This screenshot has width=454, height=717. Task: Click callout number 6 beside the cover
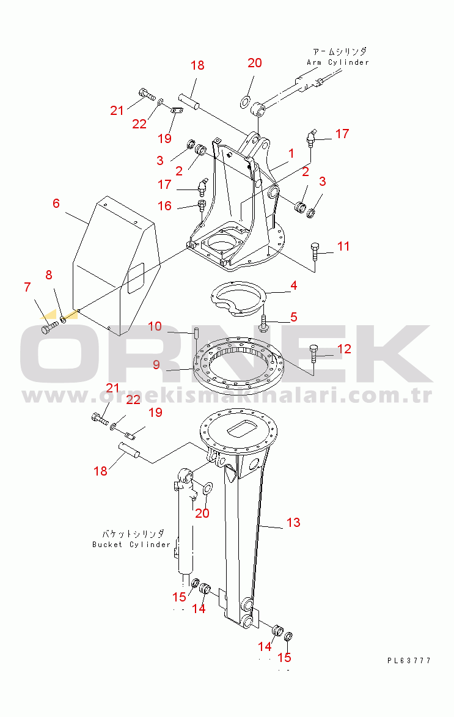pyautogui.click(x=56, y=203)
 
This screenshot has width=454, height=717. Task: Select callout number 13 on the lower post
pyautogui.click(x=293, y=522)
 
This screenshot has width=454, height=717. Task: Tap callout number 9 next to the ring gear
pyautogui.click(x=156, y=365)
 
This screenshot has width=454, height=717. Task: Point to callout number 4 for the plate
pyautogui.click(x=293, y=285)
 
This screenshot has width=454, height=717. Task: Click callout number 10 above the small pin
pyautogui.click(x=155, y=326)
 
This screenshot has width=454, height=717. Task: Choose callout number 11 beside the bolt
pyautogui.click(x=343, y=246)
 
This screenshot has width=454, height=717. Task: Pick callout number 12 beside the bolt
pyautogui.click(x=344, y=349)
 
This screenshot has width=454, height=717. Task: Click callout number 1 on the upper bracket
pyautogui.click(x=291, y=153)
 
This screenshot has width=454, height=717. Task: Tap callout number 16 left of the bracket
pyautogui.click(x=164, y=206)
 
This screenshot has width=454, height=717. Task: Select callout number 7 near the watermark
pyautogui.click(x=27, y=287)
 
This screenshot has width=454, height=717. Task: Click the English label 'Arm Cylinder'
pyautogui.click(x=338, y=62)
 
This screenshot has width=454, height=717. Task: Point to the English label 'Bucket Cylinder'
pyautogui.click(x=131, y=545)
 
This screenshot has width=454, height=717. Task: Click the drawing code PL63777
pyautogui.click(x=409, y=660)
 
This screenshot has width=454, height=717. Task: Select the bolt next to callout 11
pyautogui.click(x=315, y=251)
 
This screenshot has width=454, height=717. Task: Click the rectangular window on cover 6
pyautogui.click(x=135, y=278)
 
